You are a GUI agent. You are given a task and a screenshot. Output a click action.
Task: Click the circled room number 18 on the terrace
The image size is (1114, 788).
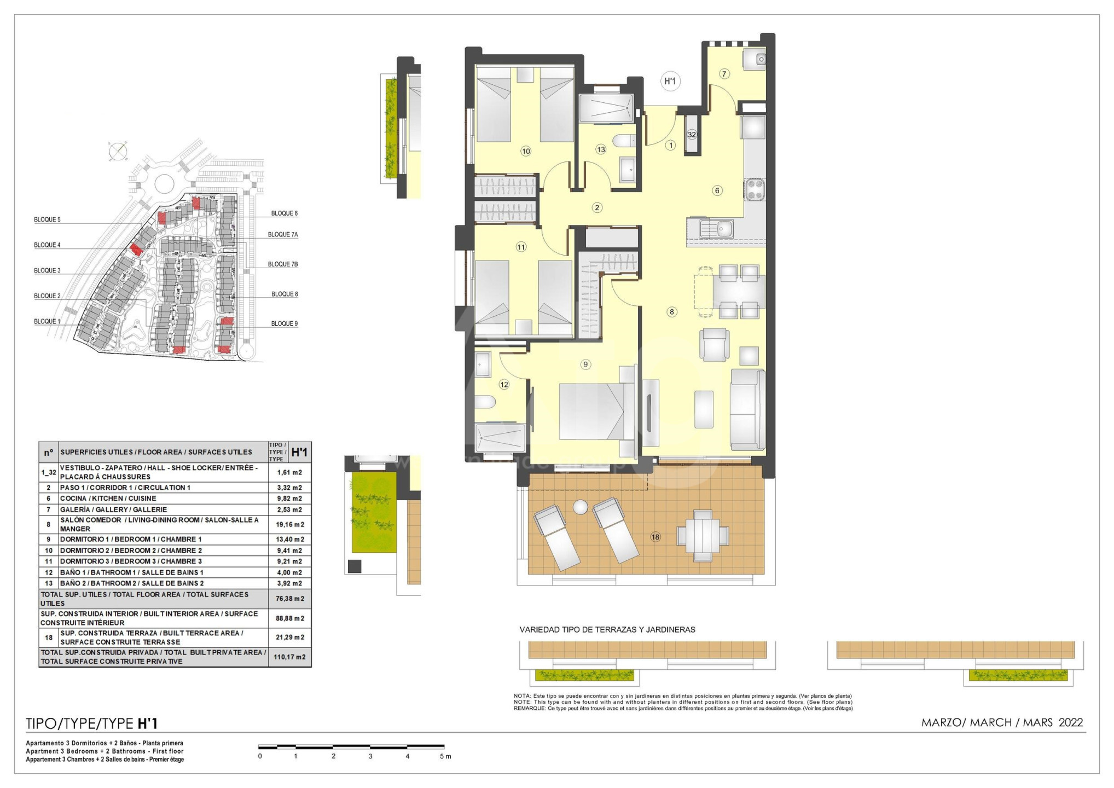[655, 537]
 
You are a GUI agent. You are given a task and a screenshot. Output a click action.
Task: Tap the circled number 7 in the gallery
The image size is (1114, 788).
[724, 74]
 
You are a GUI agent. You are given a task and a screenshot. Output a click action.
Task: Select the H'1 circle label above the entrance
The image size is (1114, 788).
[670, 82]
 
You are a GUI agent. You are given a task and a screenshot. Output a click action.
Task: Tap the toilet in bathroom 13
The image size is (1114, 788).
[623, 141]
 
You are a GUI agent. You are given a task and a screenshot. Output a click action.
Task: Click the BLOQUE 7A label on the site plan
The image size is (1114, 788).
[283, 235]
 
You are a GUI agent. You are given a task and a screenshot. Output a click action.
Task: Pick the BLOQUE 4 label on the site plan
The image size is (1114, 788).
[47, 245]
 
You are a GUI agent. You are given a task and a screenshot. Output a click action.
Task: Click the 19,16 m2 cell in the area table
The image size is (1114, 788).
[289, 524]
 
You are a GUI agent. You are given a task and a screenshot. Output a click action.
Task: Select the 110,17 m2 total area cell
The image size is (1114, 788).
[289, 657]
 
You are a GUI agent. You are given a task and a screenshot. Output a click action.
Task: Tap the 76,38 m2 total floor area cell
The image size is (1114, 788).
[289, 599]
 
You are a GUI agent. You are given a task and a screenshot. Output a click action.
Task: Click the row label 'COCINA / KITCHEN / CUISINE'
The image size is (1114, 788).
[108, 499]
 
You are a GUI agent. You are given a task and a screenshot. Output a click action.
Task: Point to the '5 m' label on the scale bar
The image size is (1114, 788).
[445, 756]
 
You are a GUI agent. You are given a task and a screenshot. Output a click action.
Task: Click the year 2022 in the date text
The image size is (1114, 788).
[1071, 722]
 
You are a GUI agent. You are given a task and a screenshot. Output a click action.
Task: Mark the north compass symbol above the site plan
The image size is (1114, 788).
[118, 150]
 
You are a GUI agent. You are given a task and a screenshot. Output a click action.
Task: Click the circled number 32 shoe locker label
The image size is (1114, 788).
[692, 135]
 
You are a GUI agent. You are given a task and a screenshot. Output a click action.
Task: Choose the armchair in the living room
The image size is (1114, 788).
[715, 345]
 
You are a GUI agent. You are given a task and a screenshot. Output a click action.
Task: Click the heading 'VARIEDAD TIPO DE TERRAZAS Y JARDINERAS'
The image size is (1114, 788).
[607, 630]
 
